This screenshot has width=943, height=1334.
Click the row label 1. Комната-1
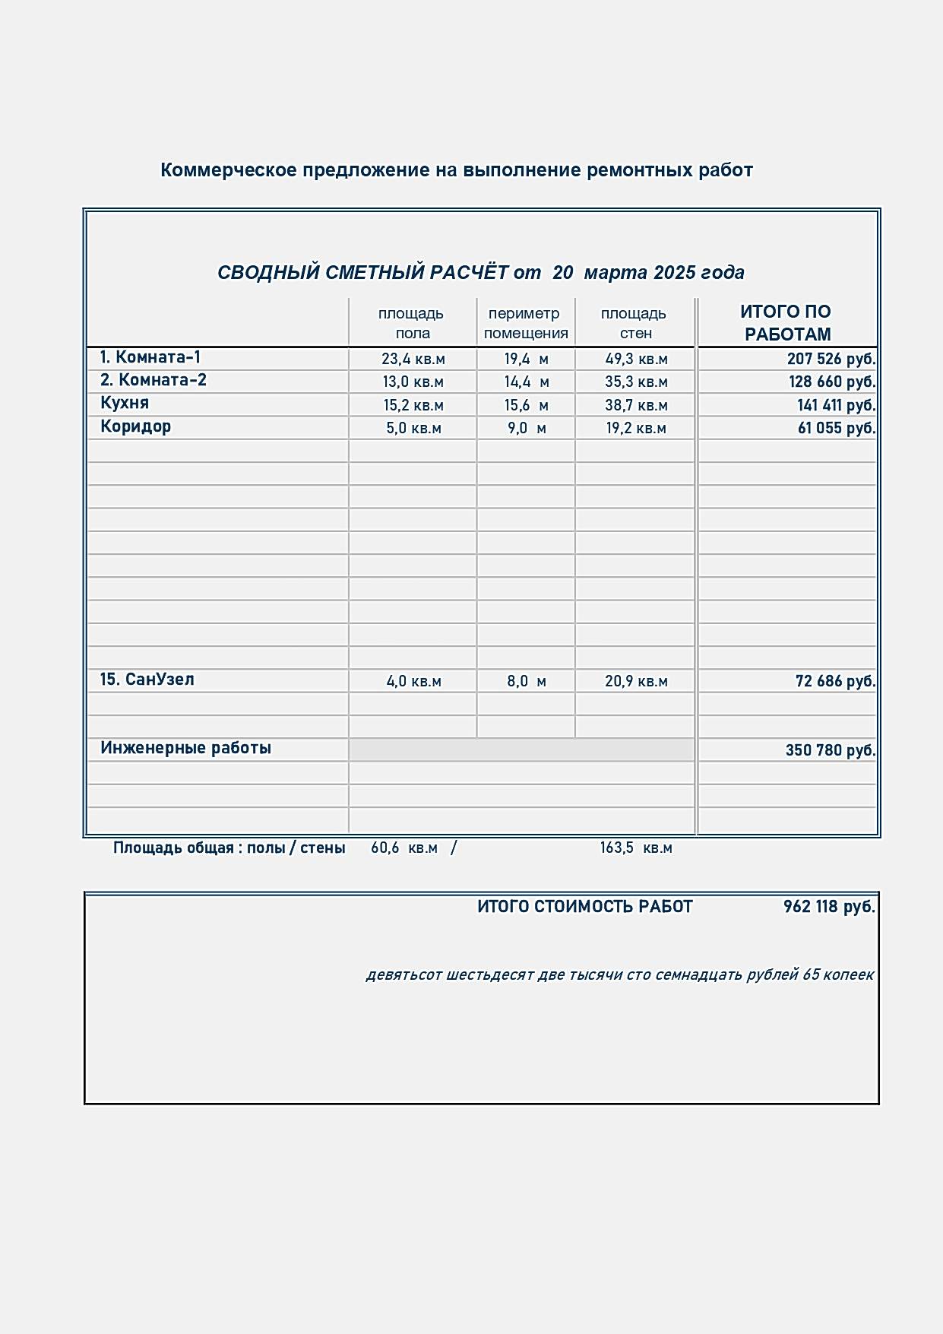click(x=150, y=357)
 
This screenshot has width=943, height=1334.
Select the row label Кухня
click(x=125, y=403)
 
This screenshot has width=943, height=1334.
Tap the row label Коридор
click(x=135, y=426)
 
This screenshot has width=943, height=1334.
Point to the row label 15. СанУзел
click(x=147, y=680)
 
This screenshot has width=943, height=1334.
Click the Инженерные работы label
click(x=185, y=748)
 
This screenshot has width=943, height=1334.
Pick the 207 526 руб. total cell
click(x=831, y=359)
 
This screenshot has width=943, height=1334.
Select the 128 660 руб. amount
click(x=831, y=382)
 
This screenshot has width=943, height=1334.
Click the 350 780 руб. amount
click(x=830, y=750)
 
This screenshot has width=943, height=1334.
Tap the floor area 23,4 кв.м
click(x=413, y=359)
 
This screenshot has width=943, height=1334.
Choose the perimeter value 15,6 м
click(x=526, y=405)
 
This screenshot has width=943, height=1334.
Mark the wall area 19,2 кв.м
click(x=635, y=428)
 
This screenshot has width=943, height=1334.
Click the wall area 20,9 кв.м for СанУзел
click(x=636, y=681)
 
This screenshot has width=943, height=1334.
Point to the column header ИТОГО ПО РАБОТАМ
click(x=786, y=323)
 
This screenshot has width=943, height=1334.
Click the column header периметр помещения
click(x=525, y=323)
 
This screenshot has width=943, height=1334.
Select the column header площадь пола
click(x=411, y=323)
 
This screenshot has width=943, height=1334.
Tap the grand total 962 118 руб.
click(x=828, y=907)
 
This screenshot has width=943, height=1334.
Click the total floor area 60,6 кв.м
click(x=403, y=848)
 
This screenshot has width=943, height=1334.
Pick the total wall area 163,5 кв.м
click(x=635, y=848)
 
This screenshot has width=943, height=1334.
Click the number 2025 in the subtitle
click(x=674, y=272)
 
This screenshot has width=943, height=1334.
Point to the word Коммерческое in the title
click(x=228, y=170)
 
